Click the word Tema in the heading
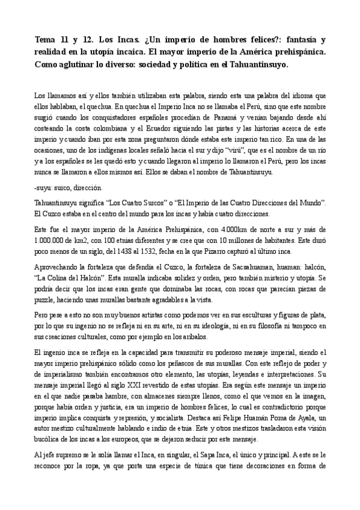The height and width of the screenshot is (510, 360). pos(46,40)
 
